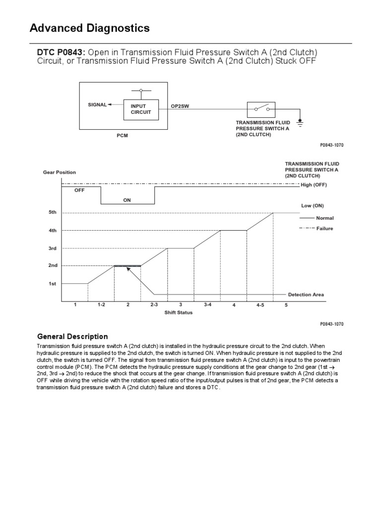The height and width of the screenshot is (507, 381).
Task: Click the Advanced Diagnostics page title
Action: tap(90, 28)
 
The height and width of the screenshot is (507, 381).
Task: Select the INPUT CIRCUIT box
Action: tap(141, 109)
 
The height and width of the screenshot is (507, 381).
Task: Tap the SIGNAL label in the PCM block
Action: tap(97, 105)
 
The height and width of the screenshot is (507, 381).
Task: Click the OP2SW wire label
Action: tap(180, 106)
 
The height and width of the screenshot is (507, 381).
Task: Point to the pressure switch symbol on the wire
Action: tap(261, 109)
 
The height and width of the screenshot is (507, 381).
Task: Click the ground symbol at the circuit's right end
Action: tap(300, 121)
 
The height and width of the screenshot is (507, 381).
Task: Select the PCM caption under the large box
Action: tap(122, 136)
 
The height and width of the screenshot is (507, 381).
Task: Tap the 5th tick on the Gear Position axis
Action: tap(52, 212)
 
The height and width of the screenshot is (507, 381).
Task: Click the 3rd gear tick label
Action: tap(52, 248)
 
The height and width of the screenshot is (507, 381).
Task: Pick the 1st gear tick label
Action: tap(52, 284)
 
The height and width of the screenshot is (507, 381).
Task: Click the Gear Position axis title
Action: tap(59, 172)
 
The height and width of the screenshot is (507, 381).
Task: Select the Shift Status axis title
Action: tap(179, 312)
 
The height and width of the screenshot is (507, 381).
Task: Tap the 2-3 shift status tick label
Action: tap(154, 305)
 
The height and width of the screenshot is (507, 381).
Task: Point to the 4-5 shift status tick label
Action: tap(260, 305)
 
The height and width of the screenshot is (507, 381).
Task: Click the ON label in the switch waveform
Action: tap(127, 201)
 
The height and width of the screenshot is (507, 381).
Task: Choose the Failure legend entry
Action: tap(324, 229)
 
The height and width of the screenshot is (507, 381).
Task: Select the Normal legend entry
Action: tap(324, 218)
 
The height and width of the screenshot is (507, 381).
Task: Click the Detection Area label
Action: tap(306, 295)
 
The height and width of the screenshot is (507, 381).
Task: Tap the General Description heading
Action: tap(72, 336)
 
